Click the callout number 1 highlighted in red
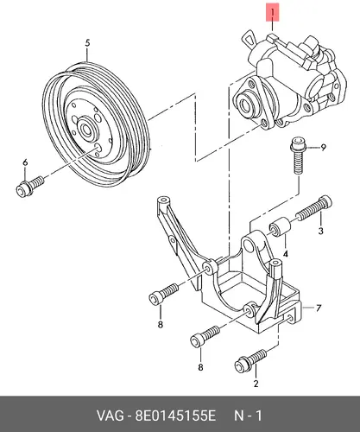(x=272, y=13)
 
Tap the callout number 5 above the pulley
(x=87, y=43)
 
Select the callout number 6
(x=25, y=162)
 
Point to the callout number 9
(x=323, y=148)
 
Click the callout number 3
(x=320, y=231)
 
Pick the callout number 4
(x=285, y=254)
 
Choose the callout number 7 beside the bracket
(x=318, y=308)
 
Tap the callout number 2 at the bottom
(x=256, y=384)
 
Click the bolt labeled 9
(x=297, y=156)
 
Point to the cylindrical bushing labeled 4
(x=280, y=227)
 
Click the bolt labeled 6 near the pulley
(x=29, y=187)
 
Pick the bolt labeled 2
(x=250, y=360)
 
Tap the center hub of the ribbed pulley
(x=86, y=128)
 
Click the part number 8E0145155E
(x=175, y=416)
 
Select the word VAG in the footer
(x=110, y=416)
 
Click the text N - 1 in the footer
(x=248, y=416)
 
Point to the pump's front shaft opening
(x=245, y=104)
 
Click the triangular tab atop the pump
(x=249, y=40)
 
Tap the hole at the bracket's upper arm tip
(x=163, y=200)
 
